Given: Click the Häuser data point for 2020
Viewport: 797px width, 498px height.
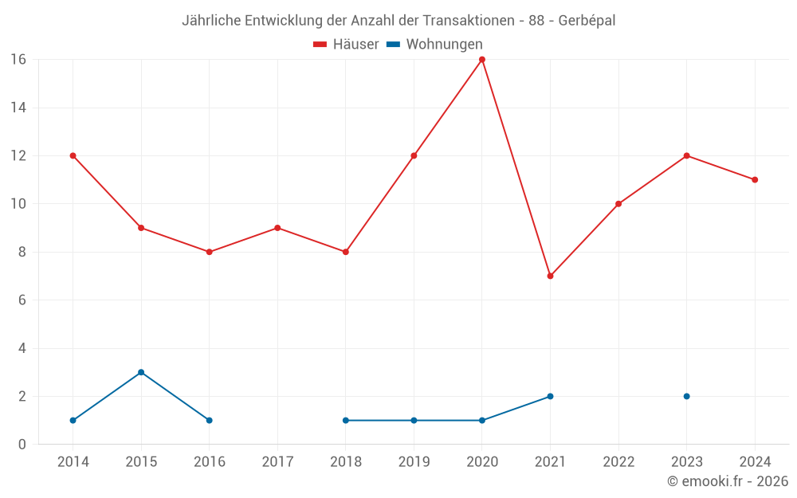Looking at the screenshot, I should coord(482,60).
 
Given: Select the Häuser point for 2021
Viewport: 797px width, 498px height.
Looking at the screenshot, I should coord(550,276).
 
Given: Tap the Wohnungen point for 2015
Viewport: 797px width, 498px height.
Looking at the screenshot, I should coord(141,372).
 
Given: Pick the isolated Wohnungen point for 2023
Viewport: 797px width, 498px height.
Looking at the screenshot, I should coord(686,396).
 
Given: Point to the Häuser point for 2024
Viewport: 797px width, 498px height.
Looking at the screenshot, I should coord(755,180).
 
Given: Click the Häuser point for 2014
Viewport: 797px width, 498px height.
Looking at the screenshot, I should coord(73,155).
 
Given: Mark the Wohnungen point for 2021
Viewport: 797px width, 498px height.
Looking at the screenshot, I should coord(550,396).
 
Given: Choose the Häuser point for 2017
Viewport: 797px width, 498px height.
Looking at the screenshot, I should coord(277,228).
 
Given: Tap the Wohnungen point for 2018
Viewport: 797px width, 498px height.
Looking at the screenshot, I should coord(346,420).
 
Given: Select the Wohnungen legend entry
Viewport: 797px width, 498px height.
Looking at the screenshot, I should coord(435,45).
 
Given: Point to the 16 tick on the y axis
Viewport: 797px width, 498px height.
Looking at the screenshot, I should coord(18,60).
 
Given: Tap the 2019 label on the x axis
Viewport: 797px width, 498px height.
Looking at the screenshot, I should coord(414,462).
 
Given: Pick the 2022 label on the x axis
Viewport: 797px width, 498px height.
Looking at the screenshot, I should coord(618,462).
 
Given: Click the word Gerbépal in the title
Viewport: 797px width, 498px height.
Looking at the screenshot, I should coord(587,21).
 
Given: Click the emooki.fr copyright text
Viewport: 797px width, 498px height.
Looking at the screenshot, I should coord(727,481).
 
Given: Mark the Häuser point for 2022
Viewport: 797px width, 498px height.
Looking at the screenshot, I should coord(618,204).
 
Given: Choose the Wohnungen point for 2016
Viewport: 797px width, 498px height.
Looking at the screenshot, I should coord(210,420).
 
